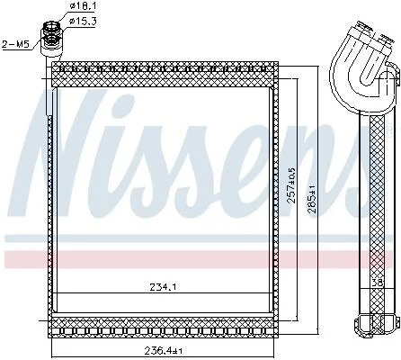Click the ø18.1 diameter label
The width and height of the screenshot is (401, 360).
[80, 5]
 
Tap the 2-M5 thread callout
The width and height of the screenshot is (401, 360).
[15, 44]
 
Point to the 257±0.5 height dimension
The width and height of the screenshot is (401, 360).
[291, 184]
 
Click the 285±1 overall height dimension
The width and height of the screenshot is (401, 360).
[313, 198]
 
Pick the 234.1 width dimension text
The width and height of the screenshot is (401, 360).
[163, 287]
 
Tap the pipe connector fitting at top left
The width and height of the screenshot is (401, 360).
[52, 38]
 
